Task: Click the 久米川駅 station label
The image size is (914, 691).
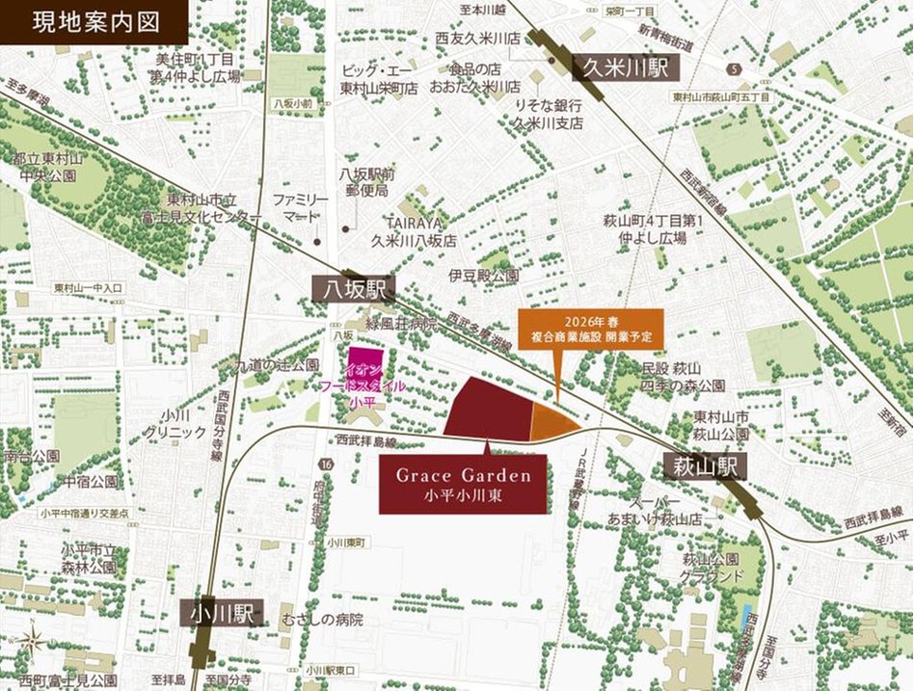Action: click(x=627, y=68)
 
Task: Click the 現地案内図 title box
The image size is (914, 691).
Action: click(x=94, y=21)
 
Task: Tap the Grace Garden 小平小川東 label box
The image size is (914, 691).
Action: click(x=463, y=485)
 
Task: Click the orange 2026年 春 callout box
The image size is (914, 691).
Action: click(x=591, y=330)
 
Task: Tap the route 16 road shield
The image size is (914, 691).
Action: click(x=330, y=465)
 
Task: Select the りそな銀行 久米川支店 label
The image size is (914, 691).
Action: click(x=549, y=114)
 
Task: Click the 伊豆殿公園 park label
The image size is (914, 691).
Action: click(x=483, y=276)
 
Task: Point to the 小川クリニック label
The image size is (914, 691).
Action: click(x=175, y=425)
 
